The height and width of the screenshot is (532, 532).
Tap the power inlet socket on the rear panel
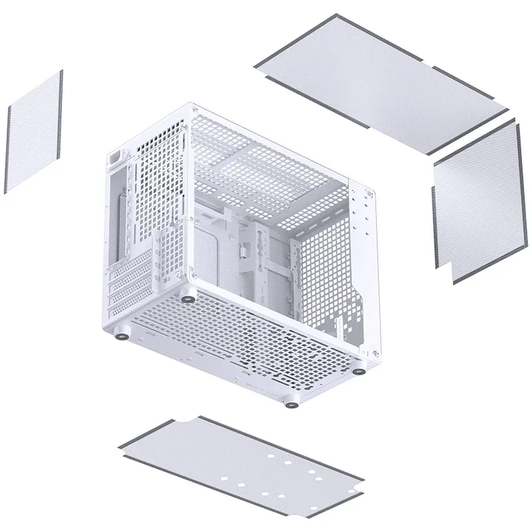point(117,160)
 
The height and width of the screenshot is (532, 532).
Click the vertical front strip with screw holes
point(364,266)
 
